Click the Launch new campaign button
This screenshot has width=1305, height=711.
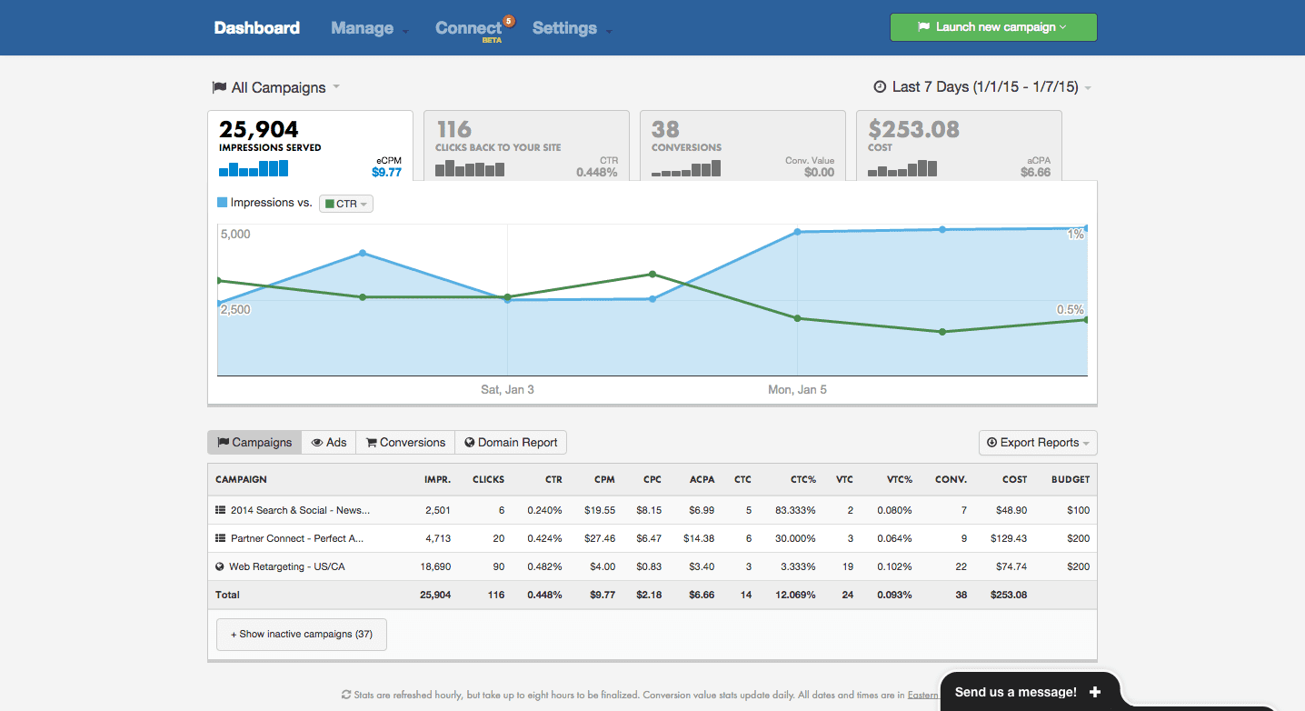992,27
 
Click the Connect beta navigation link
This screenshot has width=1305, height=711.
469,28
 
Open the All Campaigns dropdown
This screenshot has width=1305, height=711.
276,87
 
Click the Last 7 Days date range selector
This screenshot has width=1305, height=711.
982,87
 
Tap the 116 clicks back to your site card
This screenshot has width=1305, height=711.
526,145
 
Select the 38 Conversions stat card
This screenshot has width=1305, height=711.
742,145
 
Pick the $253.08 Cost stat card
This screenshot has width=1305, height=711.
959,145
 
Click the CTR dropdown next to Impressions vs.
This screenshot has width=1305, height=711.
346,204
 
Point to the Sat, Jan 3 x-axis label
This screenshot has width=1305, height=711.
507,389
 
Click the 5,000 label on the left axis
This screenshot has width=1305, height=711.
235,234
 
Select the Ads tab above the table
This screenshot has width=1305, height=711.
329,443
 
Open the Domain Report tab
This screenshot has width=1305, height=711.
511,443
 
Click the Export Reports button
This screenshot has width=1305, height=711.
1038,443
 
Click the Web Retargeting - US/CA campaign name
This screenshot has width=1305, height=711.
286,566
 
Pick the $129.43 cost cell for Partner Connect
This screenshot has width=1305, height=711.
1009,538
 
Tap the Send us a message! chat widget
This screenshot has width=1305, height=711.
1027,692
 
